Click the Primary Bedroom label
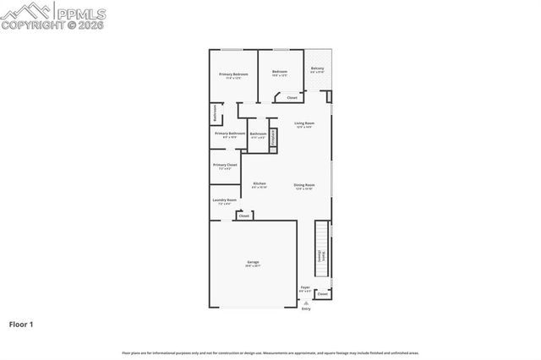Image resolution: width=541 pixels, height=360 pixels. pyautogui.click(x=232, y=76)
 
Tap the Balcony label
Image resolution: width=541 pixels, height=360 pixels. pyautogui.click(x=317, y=70)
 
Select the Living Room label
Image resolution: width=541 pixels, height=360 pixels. pyautogui.click(x=304, y=125)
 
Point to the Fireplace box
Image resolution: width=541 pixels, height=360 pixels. pyautogui.click(x=273, y=141)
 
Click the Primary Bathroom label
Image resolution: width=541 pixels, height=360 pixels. pyautogui.click(x=230, y=134)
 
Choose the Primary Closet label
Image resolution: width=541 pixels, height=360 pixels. pyautogui.click(x=225, y=166)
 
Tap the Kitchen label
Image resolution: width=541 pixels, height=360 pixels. pyautogui.click(x=260, y=185)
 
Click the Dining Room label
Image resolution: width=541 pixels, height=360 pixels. pyautogui.click(x=304, y=187)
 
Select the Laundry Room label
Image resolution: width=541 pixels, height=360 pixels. pyautogui.click(x=225, y=202)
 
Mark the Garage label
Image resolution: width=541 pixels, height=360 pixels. pyautogui.click(x=253, y=264)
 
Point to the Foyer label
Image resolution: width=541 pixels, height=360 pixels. pyautogui.click(x=306, y=290)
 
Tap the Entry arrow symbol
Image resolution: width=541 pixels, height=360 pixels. pyautogui.click(x=306, y=303)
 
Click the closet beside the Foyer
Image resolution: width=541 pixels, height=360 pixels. pyautogui.click(x=322, y=294)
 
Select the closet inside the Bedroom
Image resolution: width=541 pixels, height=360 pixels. pyautogui.click(x=292, y=98)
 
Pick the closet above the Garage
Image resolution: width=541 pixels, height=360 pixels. pyautogui.click(x=243, y=216)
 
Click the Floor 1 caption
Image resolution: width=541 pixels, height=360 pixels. pyautogui.click(x=21, y=324)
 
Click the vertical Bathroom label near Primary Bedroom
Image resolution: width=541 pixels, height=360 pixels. pyautogui.click(x=215, y=113)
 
